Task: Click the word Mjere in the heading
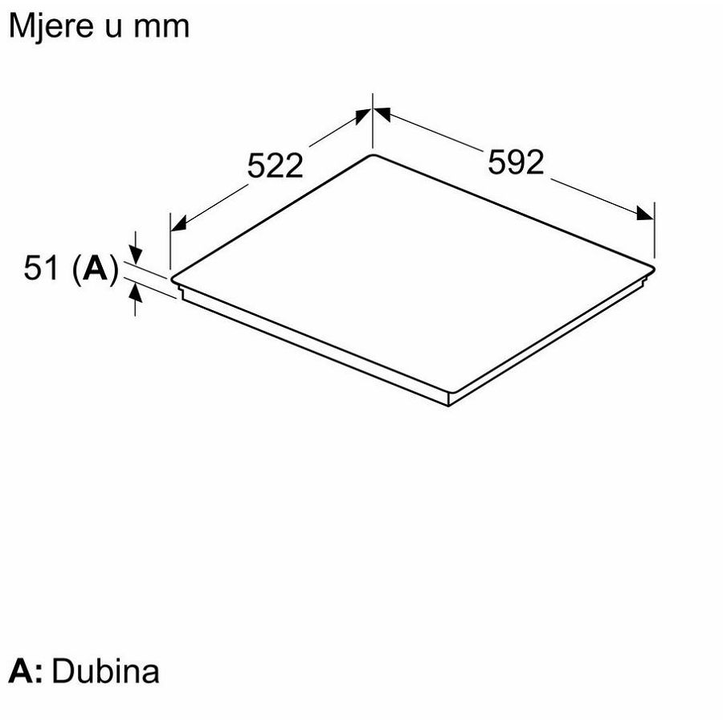point(51,27)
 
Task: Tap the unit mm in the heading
point(161,27)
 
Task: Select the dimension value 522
point(276,165)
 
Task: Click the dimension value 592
point(516,161)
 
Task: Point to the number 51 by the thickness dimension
point(42,268)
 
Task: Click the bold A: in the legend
point(27,672)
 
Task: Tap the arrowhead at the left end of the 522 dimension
point(178,223)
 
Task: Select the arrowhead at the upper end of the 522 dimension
point(363,115)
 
